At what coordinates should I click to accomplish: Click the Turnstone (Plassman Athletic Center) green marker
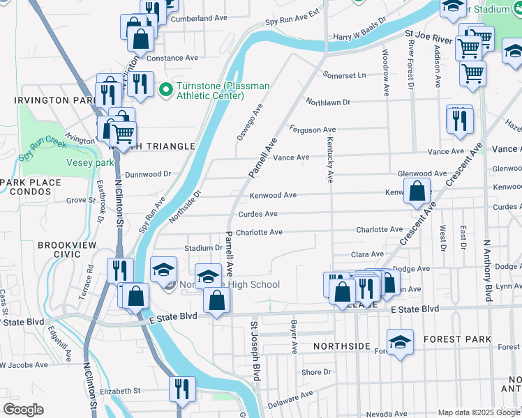(x=166, y=89)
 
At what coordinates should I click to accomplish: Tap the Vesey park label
(x=90, y=162)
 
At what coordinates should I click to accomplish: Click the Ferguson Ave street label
(x=313, y=130)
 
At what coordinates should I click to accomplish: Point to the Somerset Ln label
(x=343, y=75)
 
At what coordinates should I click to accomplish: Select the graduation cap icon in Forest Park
(x=400, y=342)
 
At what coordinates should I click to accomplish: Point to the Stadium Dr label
(x=203, y=247)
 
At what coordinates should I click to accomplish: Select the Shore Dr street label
(x=316, y=373)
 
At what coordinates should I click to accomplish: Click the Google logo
(x=23, y=410)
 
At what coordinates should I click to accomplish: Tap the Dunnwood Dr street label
(x=148, y=174)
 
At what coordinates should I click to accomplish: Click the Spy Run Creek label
(x=42, y=148)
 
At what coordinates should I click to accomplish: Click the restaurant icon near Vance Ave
(x=460, y=121)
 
